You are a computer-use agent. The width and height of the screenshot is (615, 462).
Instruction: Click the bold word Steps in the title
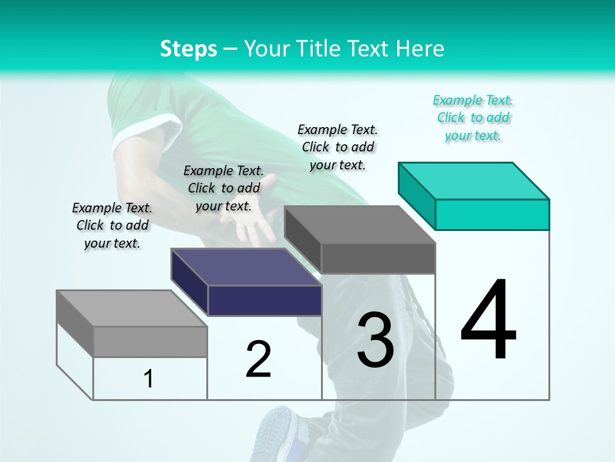[x=188, y=49]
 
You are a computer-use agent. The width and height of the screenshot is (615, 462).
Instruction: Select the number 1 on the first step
[x=149, y=379]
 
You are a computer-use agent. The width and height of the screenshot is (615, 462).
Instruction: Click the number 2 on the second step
[x=258, y=359]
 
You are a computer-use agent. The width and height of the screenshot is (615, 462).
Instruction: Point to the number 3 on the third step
[x=375, y=340]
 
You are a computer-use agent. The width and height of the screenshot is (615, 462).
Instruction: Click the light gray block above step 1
[x=132, y=324]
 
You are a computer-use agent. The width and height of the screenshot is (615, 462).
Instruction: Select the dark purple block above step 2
[x=247, y=282]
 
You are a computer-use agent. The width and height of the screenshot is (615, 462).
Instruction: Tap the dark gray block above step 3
[x=360, y=240]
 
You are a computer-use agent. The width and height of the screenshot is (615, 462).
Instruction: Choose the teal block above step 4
[x=474, y=196]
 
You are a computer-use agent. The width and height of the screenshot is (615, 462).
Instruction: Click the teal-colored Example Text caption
[x=473, y=118]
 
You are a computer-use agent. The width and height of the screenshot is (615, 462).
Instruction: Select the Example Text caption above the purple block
[x=224, y=188]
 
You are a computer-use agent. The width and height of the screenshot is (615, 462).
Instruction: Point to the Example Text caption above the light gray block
[x=112, y=225]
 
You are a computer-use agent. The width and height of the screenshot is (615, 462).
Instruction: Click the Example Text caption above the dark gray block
[x=338, y=147]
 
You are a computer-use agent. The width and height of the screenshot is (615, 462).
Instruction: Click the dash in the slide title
[x=231, y=49]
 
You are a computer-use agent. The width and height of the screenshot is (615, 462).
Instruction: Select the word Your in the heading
[x=266, y=49]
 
